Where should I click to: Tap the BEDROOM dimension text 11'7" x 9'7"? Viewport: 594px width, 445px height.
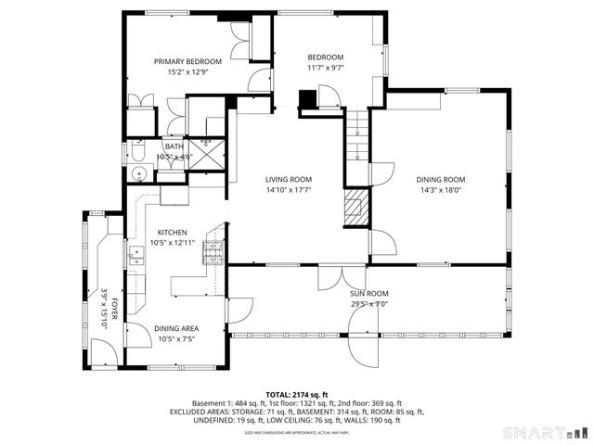click(x=326, y=68)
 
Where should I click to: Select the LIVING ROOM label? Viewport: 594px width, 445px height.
click(x=288, y=179)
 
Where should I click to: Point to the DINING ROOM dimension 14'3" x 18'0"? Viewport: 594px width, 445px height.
click(x=441, y=190)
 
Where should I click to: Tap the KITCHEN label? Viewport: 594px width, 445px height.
click(x=172, y=232)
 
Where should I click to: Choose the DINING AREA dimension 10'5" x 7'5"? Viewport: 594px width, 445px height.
click(x=175, y=339)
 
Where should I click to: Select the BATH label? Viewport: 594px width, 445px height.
click(x=174, y=146)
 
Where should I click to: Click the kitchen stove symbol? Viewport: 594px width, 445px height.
click(x=213, y=249)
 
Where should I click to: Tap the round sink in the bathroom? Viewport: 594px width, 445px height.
click(x=139, y=173)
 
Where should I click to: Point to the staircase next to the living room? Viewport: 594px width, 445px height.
click(x=357, y=144)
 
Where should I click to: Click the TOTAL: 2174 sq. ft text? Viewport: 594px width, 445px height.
click(x=296, y=395)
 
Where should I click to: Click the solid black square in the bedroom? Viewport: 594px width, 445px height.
click(x=306, y=98)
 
